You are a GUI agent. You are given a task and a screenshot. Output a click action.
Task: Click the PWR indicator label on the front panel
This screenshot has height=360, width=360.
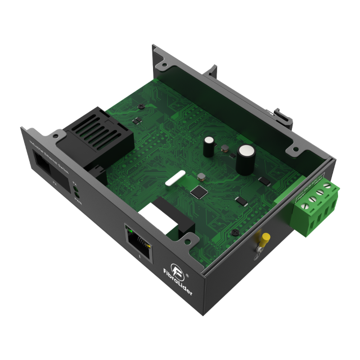coord(78,197)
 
